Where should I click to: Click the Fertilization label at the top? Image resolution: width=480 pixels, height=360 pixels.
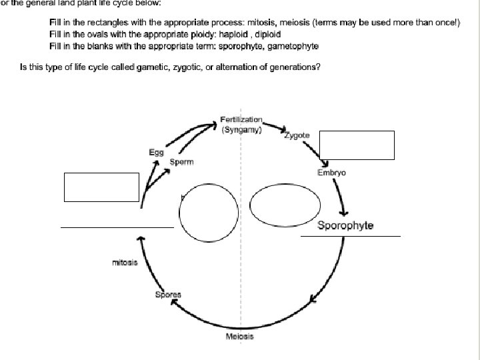(x=241, y=119)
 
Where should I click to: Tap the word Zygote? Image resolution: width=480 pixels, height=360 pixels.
(x=297, y=135)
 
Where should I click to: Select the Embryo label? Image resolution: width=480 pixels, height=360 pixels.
(x=331, y=173)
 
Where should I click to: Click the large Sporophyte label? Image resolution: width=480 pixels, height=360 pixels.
(x=345, y=225)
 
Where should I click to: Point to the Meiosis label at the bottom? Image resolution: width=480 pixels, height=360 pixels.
(x=240, y=337)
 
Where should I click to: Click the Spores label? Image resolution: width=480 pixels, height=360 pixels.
(x=168, y=295)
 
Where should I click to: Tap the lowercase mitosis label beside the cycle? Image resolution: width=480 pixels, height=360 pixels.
(x=125, y=263)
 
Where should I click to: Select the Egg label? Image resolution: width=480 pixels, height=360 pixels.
(x=156, y=153)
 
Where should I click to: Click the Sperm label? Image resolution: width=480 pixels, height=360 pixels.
(x=181, y=162)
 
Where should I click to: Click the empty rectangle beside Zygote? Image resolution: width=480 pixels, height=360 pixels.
(x=357, y=145)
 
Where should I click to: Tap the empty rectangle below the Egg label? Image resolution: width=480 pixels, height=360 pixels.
(x=101, y=187)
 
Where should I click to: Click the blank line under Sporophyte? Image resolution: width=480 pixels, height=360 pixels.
(x=351, y=236)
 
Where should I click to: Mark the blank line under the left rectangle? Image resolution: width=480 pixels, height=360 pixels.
(x=117, y=227)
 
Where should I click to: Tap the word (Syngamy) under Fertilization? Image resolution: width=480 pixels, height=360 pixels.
(x=241, y=130)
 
